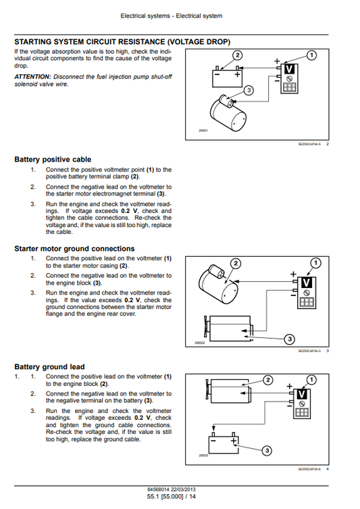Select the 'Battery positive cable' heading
[x=53, y=160]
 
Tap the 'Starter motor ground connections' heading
[x=74, y=249]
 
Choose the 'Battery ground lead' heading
[x=49, y=367]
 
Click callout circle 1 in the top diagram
[x=311, y=55]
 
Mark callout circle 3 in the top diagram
[x=249, y=90]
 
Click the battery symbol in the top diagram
[x=226, y=78]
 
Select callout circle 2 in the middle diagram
[x=236, y=262]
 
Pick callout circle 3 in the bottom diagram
[x=266, y=450]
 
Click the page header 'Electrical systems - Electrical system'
[x=180, y=16]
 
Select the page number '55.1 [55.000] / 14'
[x=180, y=497]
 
